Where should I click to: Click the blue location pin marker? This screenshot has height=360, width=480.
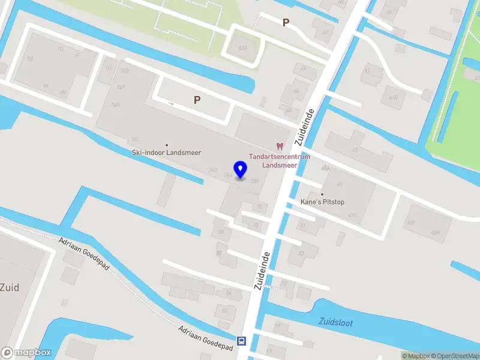240,170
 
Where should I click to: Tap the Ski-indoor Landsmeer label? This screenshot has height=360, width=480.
166,153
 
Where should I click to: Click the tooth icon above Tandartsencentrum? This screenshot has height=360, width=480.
279,146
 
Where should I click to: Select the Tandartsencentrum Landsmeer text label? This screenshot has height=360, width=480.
280,161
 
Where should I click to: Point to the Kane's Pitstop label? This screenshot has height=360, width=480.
322,203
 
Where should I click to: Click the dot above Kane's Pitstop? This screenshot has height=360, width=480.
322,194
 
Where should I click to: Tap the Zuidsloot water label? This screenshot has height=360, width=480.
336,323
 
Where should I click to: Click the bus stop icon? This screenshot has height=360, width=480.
241,341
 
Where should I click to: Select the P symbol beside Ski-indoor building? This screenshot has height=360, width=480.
196,100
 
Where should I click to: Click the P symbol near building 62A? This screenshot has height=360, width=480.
286,23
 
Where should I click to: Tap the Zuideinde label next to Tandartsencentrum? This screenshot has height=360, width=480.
305,128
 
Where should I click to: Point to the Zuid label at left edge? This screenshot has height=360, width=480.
10,287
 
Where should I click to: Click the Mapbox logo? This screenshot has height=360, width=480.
26,353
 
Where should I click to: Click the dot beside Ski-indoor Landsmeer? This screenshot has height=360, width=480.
166,145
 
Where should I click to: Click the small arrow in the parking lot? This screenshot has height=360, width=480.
171,104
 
